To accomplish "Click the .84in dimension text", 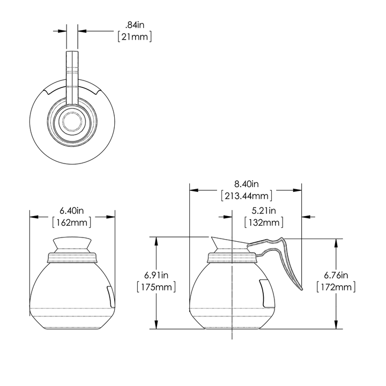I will point(135,25).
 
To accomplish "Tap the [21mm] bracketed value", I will point(135,36).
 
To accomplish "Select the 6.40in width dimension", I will point(72,210).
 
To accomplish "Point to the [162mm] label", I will point(72,222).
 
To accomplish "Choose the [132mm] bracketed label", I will point(263,222).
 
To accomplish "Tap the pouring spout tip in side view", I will point(211,238).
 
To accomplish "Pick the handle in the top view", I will point(72,75).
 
